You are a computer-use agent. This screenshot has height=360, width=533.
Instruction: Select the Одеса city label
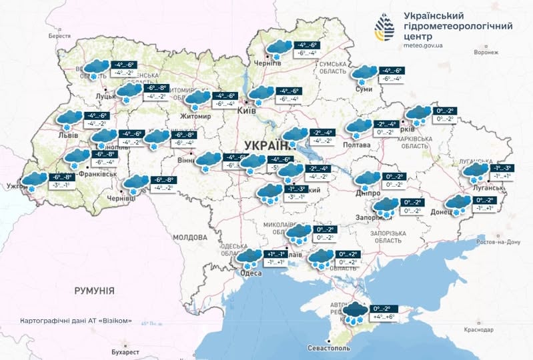[x=251, y=273]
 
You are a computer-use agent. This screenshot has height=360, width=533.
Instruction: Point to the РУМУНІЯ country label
[x=94, y=291]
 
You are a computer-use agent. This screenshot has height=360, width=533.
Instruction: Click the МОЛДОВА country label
[x=190, y=237]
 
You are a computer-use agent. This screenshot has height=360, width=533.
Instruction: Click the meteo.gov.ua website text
[x=428, y=46]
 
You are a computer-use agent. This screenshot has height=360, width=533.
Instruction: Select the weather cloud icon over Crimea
[x=356, y=311]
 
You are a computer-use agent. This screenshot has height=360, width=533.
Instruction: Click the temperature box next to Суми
[x=390, y=74]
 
